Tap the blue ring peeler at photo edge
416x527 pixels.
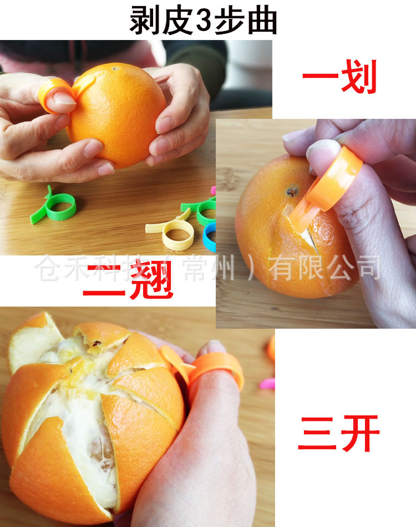pyautogui.click(x=210, y=236)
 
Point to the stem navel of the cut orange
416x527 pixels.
pyautogui.click(x=291, y=192)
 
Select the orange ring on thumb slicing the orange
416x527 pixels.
pyautogui.click(x=336, y=178)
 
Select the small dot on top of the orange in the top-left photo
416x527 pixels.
pyautogui.click(x=116, y=70)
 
